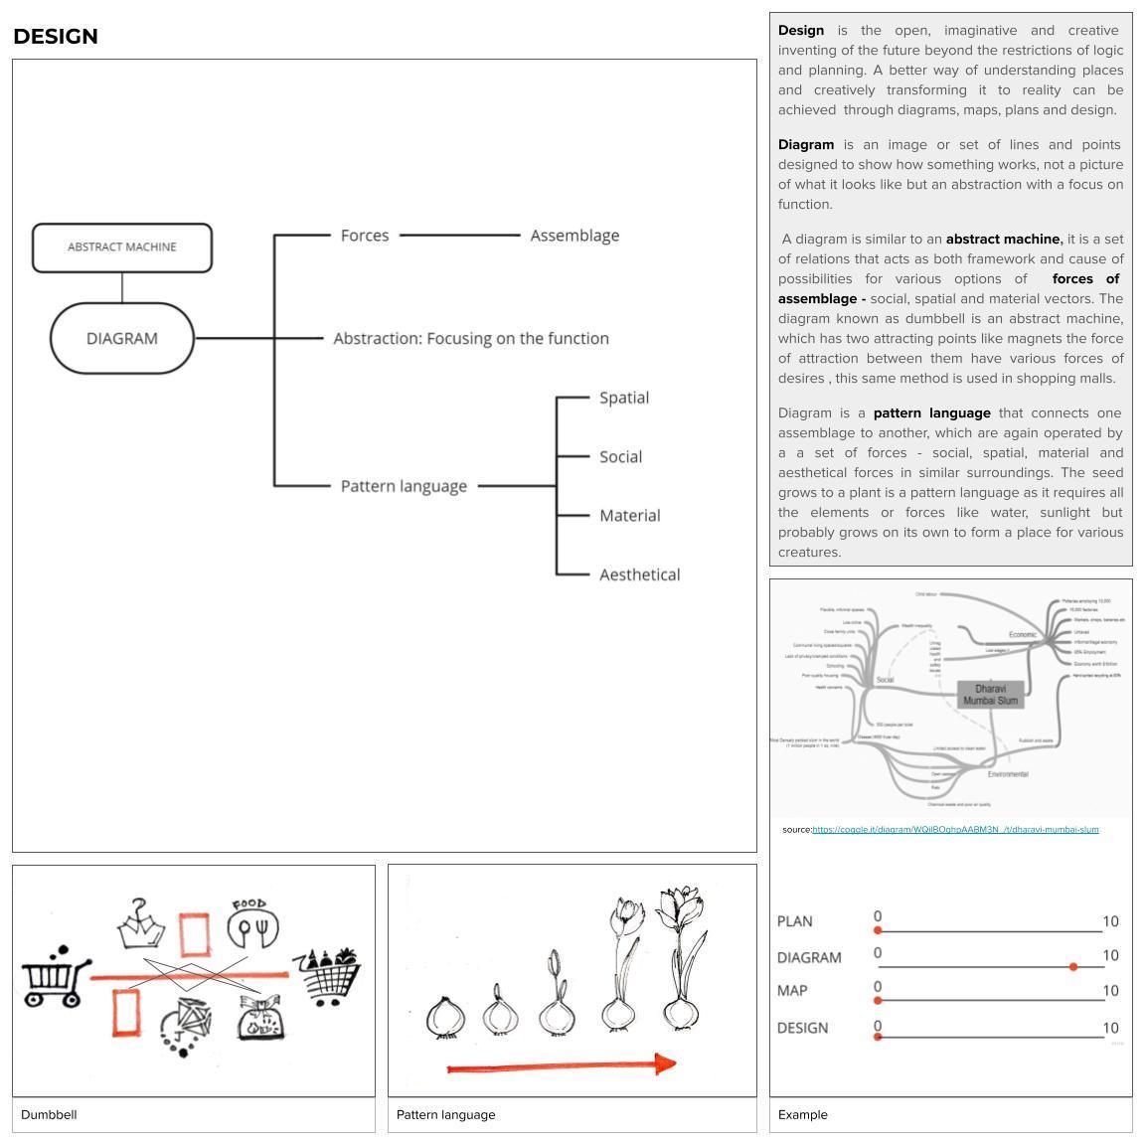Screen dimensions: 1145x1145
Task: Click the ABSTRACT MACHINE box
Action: (x=122, y=247)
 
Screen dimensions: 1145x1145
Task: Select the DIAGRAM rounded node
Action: (x=122, y=338)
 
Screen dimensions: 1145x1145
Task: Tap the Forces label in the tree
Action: (x=365, y=236)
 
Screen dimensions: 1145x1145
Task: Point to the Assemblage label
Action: (x=574, y=236)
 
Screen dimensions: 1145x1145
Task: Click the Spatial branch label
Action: (x=624, y=398)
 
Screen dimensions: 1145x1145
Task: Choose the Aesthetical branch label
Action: (x=639, y=574)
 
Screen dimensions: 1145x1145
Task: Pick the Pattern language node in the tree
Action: (x=404, y=486)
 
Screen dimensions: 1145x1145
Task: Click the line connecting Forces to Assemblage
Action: (x=459, y=236)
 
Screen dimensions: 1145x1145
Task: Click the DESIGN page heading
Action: (x=56, y=37)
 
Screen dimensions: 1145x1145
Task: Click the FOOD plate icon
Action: (x=252, y=924)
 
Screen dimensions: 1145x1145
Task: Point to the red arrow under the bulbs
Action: (x=562, y=1066)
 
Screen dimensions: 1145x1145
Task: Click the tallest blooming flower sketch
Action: (x=682, y=954)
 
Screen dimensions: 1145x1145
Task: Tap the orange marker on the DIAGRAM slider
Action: (x=1073, y=966)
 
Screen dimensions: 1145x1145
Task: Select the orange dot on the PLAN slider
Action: (x=878, y=930)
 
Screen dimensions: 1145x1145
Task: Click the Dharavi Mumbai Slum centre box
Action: (x=990, y=694)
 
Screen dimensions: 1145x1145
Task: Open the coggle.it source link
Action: (x=955, y=829)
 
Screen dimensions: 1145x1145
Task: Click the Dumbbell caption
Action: (x=49, y=1114)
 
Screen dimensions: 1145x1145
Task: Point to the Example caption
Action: (x=803, y=1114)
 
